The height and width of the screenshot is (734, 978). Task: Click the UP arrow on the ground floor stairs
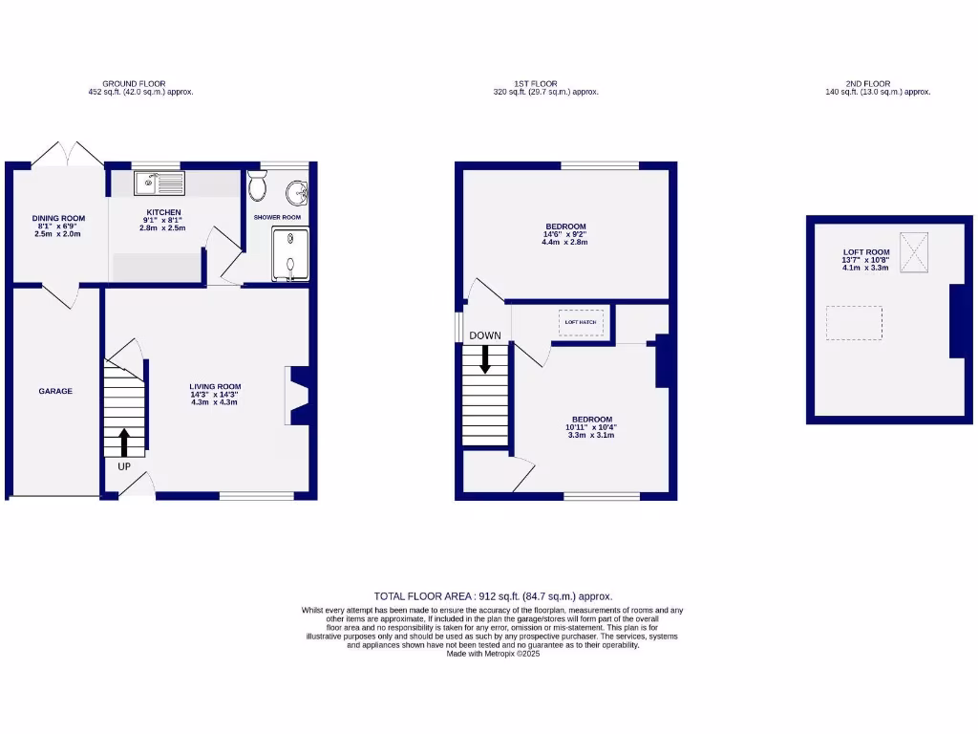[x=124, y=443]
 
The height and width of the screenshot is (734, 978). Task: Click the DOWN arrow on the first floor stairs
[x=485, y=358]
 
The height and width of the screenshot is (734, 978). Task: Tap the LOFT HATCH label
[x=581, y=322]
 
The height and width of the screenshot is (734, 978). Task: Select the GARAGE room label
[x=55, y=391]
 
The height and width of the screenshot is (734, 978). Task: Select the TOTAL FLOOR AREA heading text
[x=493, y=595]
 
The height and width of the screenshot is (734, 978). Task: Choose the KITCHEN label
[x=163, y=212]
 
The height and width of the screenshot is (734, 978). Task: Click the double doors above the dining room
[x=66, y=154]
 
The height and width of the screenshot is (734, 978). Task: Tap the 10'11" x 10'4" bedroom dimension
[x=591, y=427]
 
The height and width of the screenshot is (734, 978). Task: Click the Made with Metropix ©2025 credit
[x=493, y=653]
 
